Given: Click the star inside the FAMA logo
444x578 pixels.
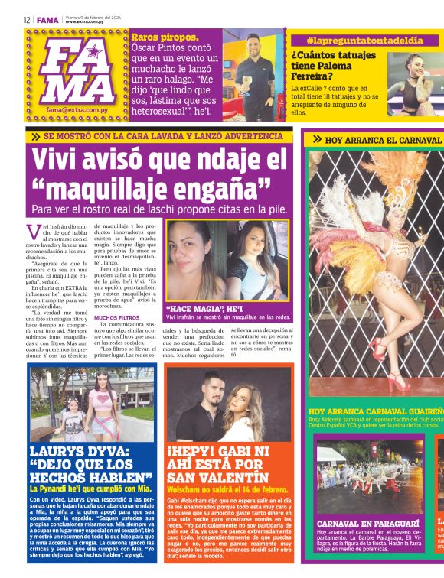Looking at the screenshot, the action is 94,54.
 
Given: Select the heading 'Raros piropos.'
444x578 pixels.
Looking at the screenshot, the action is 165,37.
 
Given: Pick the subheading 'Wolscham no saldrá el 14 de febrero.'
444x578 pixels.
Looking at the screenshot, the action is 227,489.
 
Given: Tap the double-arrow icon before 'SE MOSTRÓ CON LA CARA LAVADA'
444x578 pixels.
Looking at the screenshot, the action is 36,136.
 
